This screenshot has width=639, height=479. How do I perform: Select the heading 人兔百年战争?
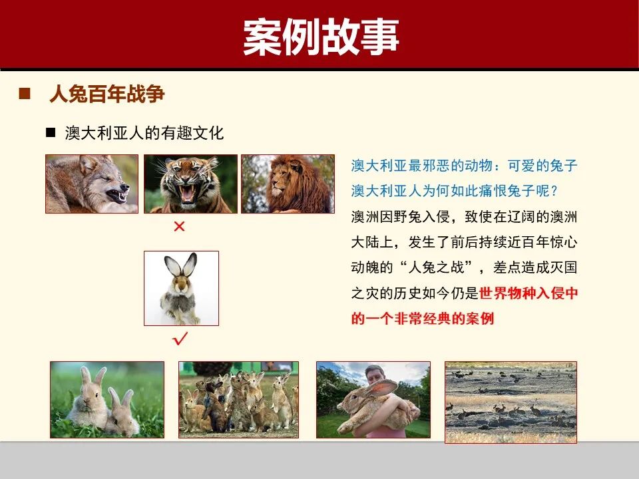pos(107,94)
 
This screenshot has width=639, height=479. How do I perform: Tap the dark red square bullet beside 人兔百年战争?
pos(25,94)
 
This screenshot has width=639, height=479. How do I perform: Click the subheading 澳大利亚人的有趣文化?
pos(144,133)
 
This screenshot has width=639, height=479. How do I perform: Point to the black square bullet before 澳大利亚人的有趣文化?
pos(50,132)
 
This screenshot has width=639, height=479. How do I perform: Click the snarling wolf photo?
pos(92,184)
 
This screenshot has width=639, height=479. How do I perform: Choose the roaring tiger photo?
pos(190,184)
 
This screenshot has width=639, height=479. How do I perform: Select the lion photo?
pos(288,184)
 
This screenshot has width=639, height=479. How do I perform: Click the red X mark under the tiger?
pos(178,227)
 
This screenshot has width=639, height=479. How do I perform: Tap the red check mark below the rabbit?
pos(180,340)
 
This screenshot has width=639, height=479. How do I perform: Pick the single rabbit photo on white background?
pos(181,287)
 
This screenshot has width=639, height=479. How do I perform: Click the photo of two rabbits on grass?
pos(106,399)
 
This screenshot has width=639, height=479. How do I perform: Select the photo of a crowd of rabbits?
pos(238,399)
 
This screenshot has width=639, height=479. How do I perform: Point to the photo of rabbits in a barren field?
pos(511,402)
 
